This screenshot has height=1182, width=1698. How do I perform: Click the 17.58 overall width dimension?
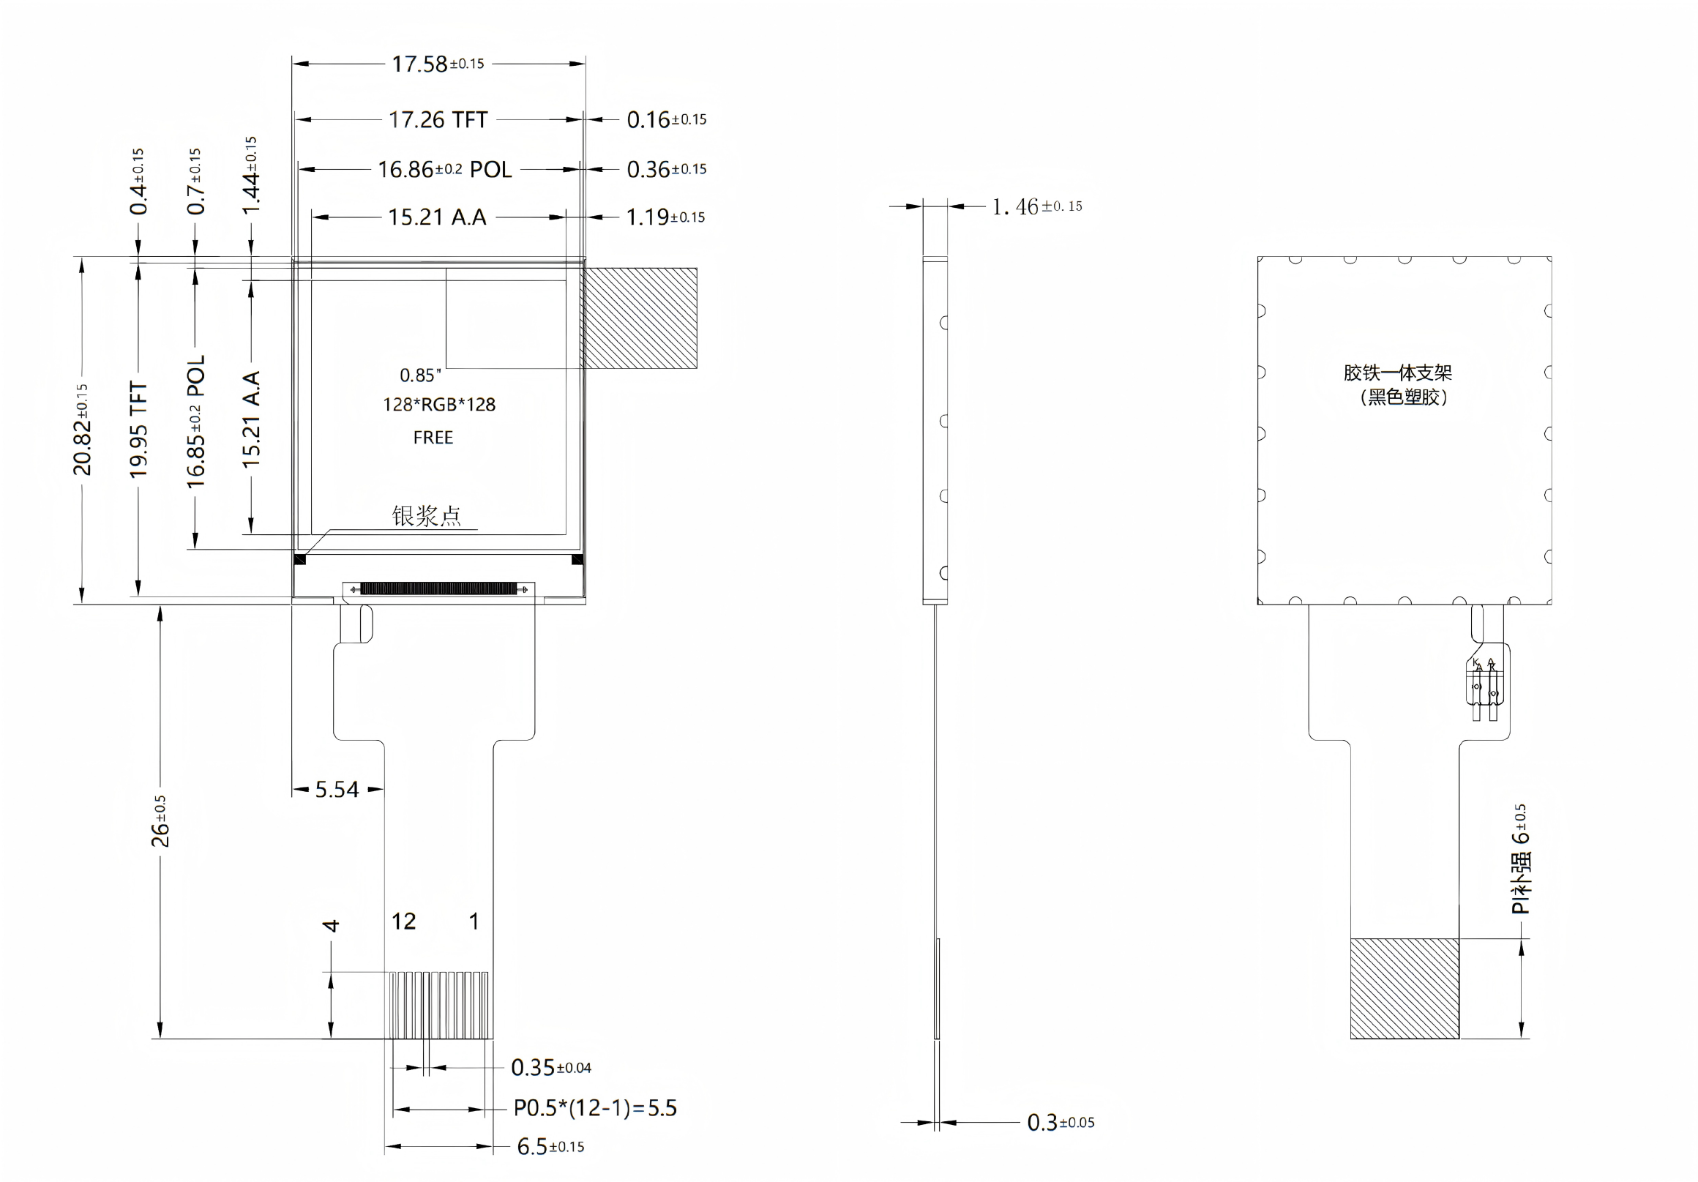438,64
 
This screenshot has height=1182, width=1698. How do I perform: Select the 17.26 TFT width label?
438,120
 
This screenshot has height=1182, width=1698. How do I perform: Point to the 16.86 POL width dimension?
444,169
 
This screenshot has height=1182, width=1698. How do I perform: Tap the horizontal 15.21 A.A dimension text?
437,217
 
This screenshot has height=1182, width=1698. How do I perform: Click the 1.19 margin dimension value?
665,217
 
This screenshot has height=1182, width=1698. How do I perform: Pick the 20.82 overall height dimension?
82,429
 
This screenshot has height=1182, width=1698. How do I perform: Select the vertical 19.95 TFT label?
138,429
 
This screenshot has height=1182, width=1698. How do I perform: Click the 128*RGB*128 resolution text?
438,405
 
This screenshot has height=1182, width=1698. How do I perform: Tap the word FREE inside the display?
433,438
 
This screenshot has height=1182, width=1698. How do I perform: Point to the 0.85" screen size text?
420,375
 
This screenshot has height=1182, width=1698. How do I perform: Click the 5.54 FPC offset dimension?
337,790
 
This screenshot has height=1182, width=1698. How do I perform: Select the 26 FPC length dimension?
160,821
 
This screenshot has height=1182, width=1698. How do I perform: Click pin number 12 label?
404,921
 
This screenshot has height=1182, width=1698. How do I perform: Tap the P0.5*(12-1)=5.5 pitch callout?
595,1108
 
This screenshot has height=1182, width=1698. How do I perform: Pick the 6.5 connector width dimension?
550,1146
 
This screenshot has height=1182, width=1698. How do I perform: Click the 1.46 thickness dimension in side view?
1037,206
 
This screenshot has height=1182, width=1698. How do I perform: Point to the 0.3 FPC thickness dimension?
1061,1123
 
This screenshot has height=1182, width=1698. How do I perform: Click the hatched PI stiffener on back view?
1405,989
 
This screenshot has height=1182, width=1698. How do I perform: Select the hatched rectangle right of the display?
638,318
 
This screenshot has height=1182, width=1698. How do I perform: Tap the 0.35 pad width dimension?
551,1067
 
